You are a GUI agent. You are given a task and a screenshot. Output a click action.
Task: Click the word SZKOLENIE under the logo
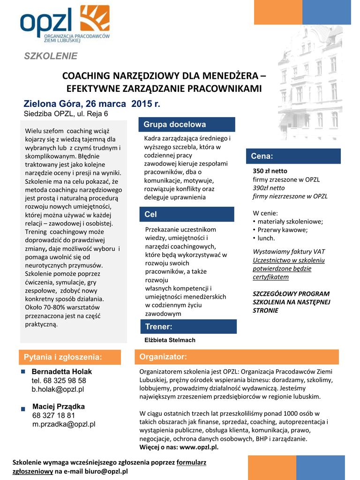51,56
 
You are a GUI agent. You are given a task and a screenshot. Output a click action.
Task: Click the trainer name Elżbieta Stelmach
170,340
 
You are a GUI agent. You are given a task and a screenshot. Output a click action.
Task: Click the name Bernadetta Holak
62,372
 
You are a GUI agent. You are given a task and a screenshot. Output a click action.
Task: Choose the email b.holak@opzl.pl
58,389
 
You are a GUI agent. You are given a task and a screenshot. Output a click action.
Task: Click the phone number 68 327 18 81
53,415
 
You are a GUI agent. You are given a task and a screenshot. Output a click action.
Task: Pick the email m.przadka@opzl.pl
64,424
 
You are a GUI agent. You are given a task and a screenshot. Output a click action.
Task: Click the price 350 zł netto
270,171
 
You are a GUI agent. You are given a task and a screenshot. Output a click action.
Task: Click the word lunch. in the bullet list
266,238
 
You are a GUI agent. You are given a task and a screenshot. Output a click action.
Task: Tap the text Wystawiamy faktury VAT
289,251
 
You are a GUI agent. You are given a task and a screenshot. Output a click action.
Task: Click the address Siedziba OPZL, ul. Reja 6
66,113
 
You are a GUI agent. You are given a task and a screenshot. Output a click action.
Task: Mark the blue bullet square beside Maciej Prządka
23,409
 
